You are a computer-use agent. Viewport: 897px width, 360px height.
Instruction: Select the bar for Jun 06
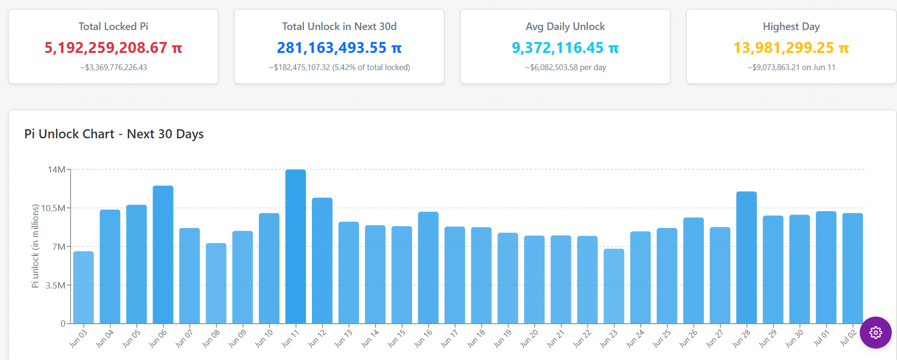tap(163, 255)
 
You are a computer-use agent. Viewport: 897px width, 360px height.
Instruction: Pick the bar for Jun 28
tap(746, 257)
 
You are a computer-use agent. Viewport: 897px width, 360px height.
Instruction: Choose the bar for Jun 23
tap(614, 286)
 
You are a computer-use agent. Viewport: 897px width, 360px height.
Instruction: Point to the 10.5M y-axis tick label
tap(53, 208)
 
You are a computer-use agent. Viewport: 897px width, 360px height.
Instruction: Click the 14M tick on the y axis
tap(56, 170)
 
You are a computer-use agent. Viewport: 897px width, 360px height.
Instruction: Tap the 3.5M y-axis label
tap(55, 286)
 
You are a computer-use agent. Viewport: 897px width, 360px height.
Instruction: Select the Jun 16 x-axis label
tap(423, 338)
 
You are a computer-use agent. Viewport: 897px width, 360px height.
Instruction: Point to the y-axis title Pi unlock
tap(35, 246)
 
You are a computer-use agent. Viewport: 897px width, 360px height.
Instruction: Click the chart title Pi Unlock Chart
tap(114, 134)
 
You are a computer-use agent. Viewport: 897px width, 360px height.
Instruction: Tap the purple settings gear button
tap(875, 332)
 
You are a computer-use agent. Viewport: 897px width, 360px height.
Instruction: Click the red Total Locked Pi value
tap(113, 48)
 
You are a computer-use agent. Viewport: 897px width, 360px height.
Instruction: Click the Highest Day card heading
tap(791, 27)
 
